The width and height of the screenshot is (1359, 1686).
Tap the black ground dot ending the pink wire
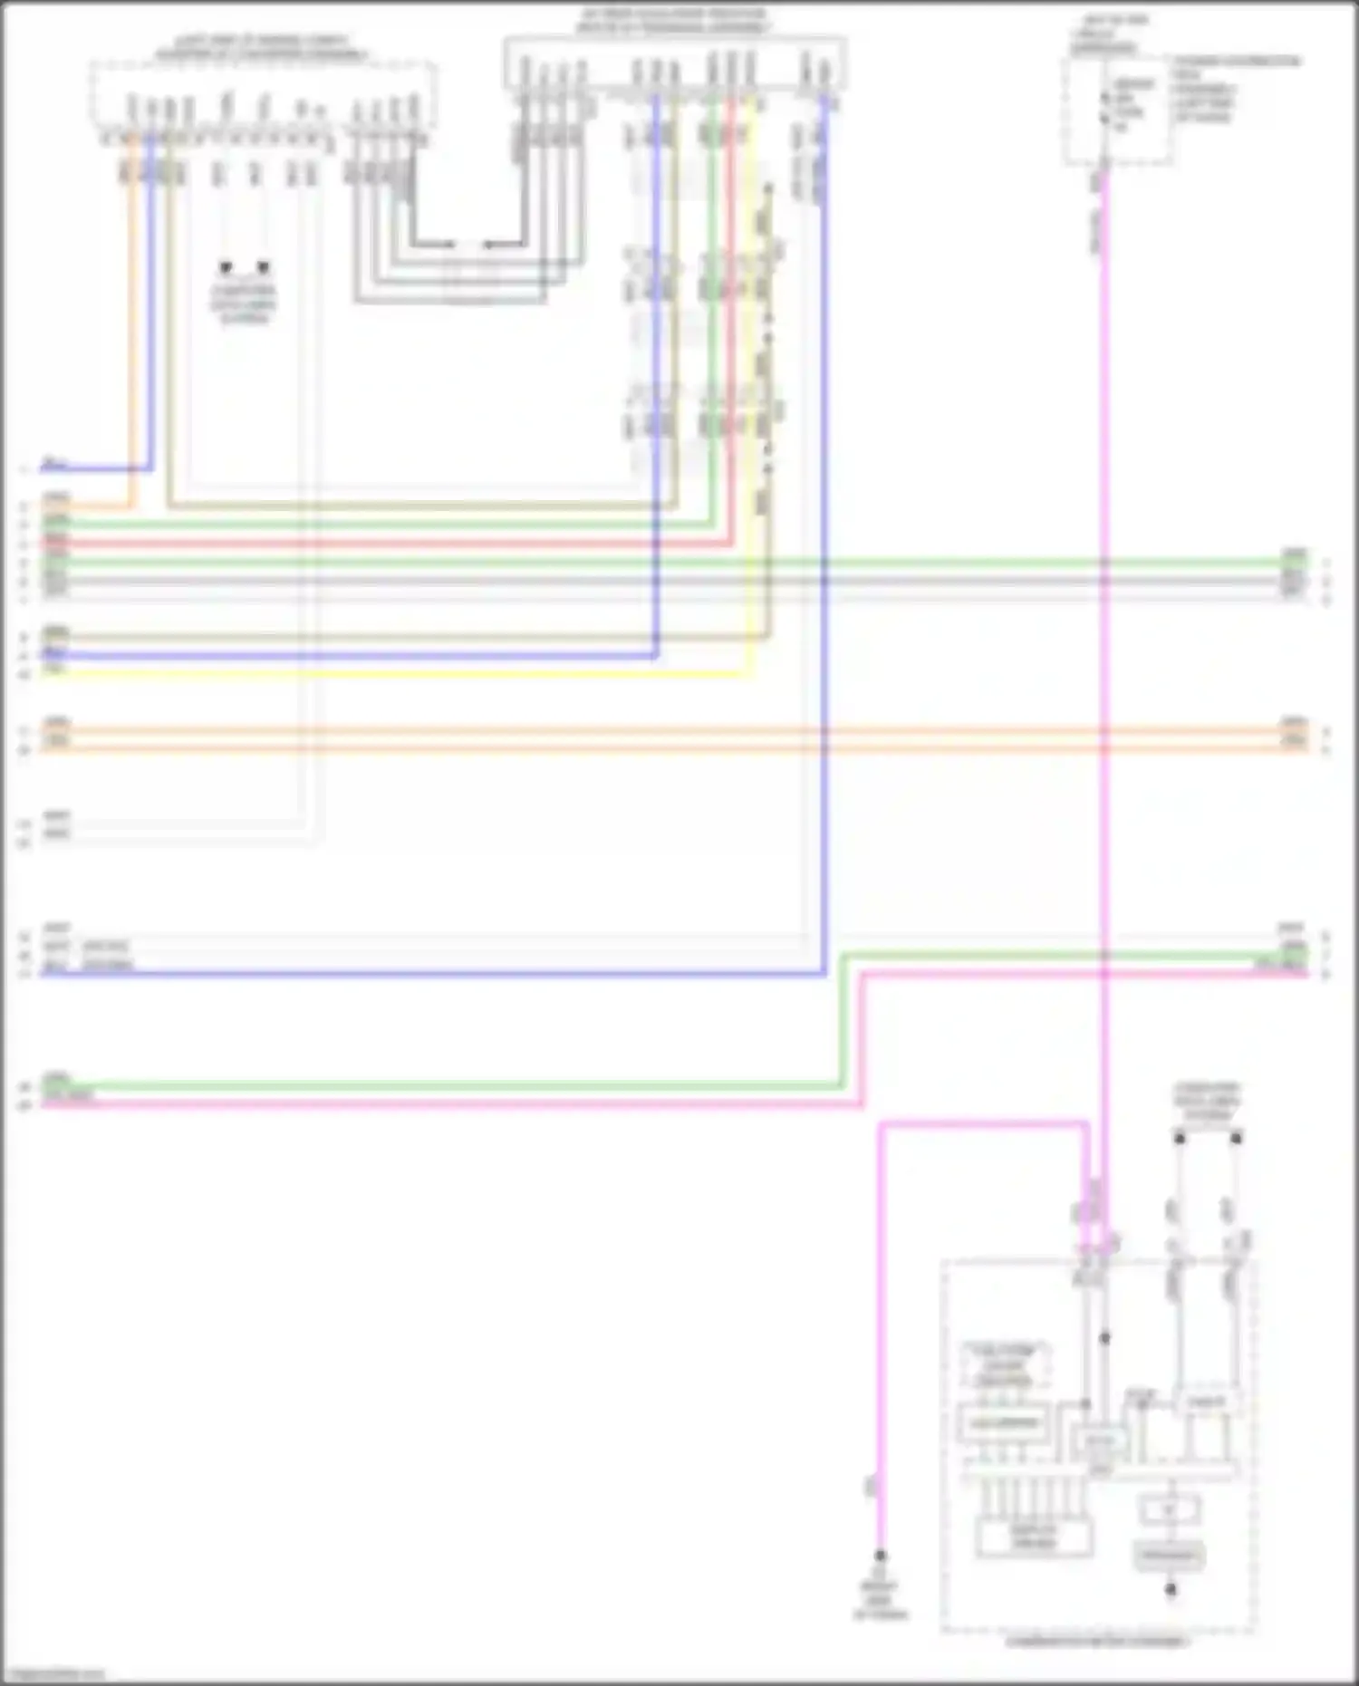pos(879,1556)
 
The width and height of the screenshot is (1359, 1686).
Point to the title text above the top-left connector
pos(262,48)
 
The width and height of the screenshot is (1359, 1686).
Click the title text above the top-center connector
pos(672,21)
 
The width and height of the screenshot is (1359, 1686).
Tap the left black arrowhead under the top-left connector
pos(226,267)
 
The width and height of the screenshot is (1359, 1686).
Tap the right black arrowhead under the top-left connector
pos(263,267)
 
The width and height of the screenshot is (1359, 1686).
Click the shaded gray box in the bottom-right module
pos(1169,1556)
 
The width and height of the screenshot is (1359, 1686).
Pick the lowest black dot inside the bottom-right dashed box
pos(1171,1589)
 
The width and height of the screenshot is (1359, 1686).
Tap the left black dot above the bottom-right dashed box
pos(1180,1138)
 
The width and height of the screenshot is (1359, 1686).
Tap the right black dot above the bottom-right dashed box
pos(1236,1138)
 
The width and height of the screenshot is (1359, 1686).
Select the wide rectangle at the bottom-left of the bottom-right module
pos(1034,1537)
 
